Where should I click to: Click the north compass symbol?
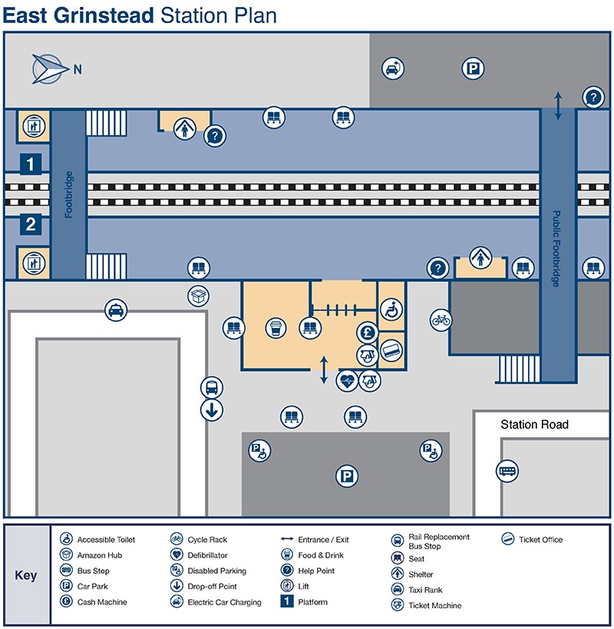coord(48,69)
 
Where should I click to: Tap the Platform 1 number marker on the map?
coord(30,164)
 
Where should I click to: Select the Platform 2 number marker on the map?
coord(30,225)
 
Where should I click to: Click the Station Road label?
coord(534,425)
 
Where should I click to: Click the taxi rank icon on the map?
coord(116,310)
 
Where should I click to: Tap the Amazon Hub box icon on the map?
coord(198,296)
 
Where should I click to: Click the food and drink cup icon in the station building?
coord(276,329)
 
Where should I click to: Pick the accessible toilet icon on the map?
coord(391,311)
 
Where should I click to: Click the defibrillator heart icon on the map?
coord(348,380)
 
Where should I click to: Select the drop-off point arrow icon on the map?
coord(212,410)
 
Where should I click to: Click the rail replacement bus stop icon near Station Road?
coord(507,470)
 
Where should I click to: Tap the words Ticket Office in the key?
coord(540,540)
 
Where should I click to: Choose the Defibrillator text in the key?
coord(207,555)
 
